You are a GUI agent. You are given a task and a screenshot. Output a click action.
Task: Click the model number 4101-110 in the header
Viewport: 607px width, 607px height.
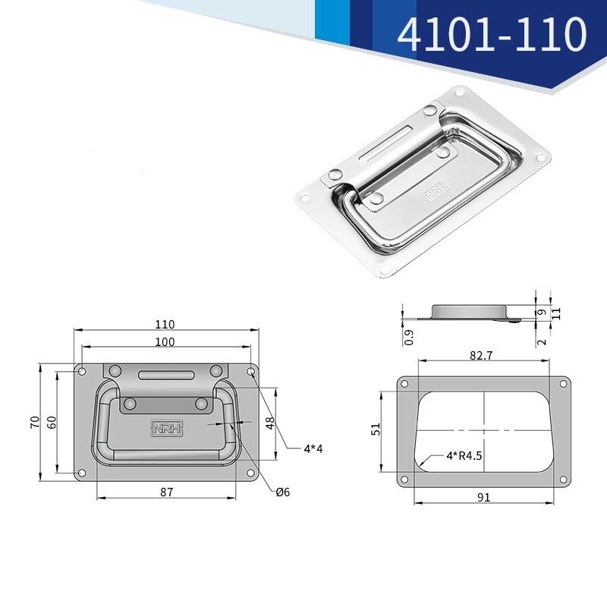[492, 34]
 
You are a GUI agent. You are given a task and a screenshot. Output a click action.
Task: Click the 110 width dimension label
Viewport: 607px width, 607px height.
[165, 324]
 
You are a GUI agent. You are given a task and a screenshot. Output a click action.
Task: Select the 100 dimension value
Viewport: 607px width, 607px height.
[165, 342]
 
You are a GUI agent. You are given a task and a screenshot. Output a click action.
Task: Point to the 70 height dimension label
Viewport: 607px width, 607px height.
[34, 422]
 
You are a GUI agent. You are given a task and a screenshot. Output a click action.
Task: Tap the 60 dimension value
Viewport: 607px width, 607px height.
[52, 422]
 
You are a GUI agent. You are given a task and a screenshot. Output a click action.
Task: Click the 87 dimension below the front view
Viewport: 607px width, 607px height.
[167, 492]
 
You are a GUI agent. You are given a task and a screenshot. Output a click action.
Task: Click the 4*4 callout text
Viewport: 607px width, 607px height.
[313, 448]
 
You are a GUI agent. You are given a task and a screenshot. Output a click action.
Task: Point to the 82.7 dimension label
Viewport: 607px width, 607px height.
[481, 355]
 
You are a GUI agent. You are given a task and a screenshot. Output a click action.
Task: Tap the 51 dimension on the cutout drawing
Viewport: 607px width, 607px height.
[375, 429]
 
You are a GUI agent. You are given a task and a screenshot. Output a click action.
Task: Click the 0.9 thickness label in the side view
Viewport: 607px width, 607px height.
[410, 337]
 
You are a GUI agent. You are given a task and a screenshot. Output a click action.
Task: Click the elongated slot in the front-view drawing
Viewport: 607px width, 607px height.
[166, 375]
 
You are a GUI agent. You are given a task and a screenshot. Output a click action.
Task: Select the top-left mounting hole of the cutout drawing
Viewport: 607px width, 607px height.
[404, 383]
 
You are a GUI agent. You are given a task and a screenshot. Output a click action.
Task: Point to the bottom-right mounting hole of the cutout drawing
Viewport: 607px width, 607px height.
[562, 479]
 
